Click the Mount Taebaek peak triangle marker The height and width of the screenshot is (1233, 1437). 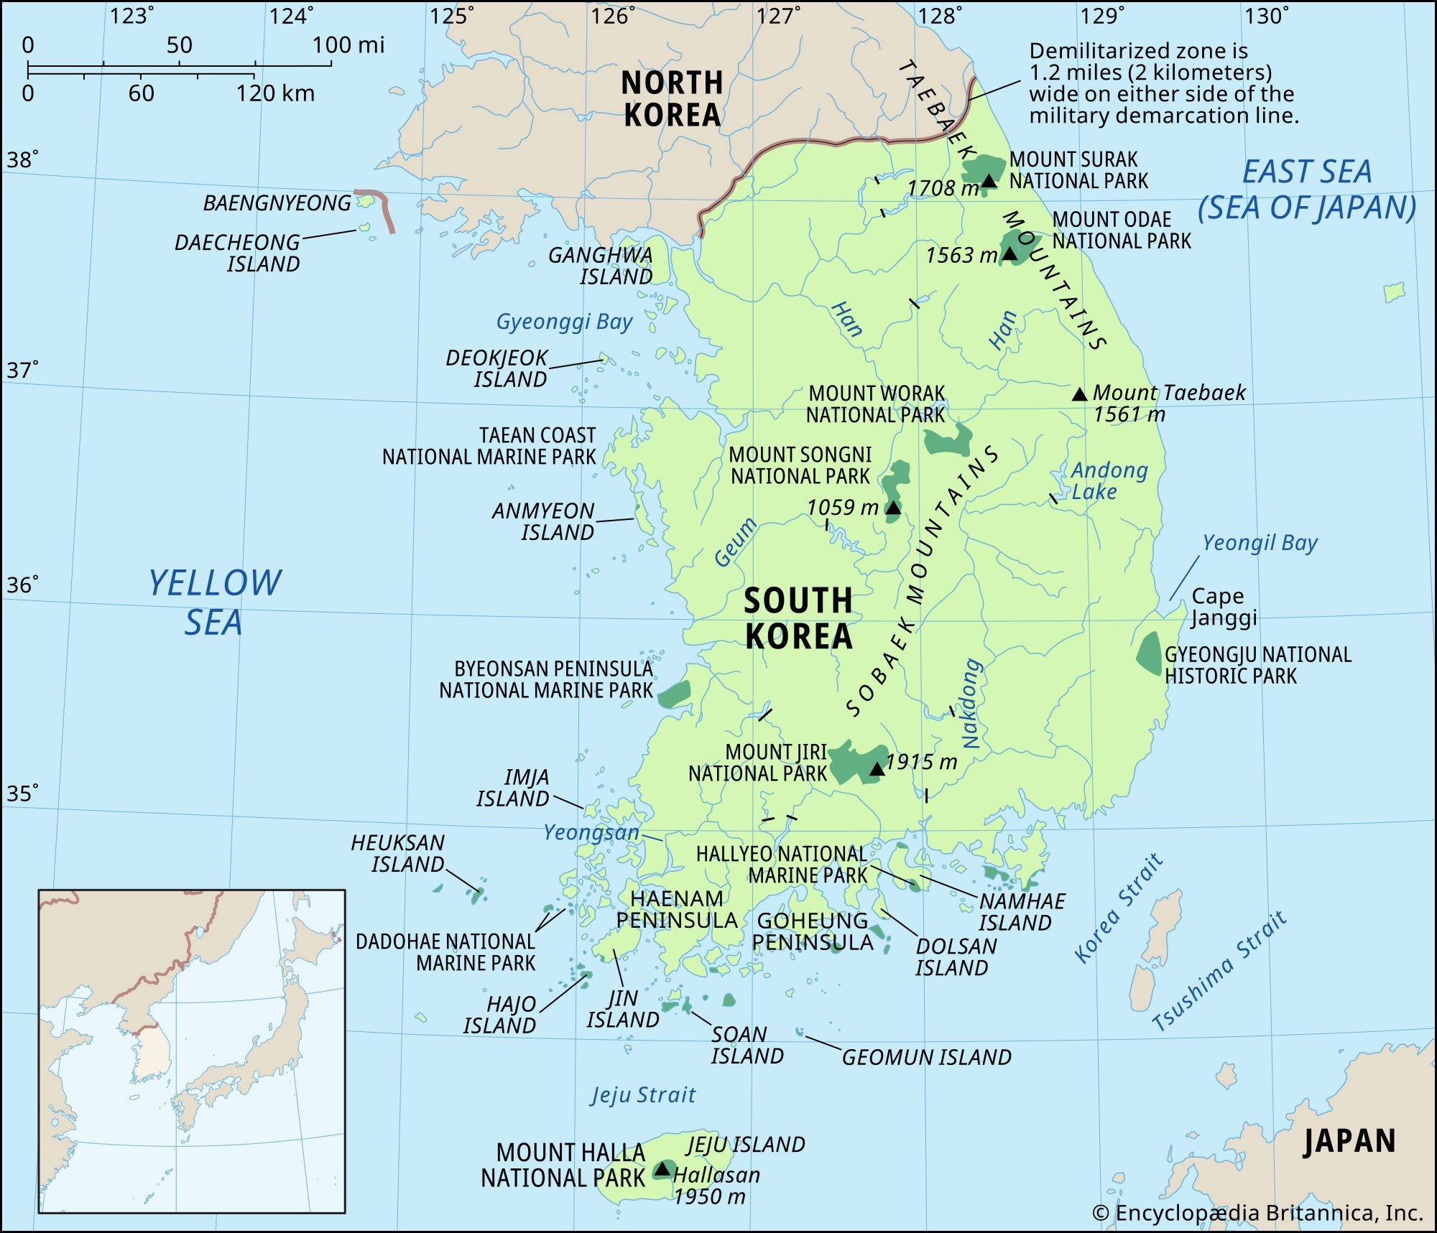(1079, 394)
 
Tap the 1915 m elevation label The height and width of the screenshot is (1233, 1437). (921, 762)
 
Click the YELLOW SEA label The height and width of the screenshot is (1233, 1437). (214, 602)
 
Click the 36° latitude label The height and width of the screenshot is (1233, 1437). (22, 585)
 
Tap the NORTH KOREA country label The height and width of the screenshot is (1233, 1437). (672, 99)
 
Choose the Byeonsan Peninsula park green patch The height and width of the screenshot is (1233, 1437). (674, 694)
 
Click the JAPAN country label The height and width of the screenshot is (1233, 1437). (1349, 1141)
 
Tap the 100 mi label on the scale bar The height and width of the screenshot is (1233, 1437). (348, 45)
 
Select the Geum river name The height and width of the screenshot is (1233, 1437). (736, 542)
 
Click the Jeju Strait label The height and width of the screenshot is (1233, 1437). (643, 1095)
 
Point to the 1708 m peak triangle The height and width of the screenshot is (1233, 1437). (989, 181)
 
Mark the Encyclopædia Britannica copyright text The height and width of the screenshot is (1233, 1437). (1257, 1213)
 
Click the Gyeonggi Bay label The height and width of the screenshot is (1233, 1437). (564, 322)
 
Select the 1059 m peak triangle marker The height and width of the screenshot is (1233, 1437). (892, 508)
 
